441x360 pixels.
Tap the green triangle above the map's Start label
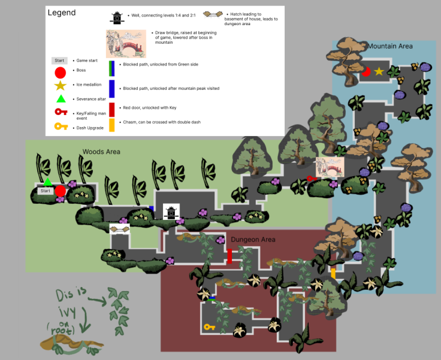[47, 181]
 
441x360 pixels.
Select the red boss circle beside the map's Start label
[60, 191]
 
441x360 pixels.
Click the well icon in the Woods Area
[171, 211]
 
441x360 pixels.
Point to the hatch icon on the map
[119, 228]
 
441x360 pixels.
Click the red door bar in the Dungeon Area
[229, 256]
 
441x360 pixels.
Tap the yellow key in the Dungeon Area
[209, 327]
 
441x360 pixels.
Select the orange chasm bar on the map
[333, 273]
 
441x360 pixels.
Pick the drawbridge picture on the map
[330, 167]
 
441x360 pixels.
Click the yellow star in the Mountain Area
[379, 72]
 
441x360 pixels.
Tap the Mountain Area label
[390, 46]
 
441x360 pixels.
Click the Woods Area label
[101, 152]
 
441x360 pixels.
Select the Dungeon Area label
[253, 240]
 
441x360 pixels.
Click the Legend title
[62, 13]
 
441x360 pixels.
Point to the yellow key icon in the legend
[60, 126]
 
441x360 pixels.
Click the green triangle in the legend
[60, 99]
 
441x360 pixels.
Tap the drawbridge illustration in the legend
[126, 44]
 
